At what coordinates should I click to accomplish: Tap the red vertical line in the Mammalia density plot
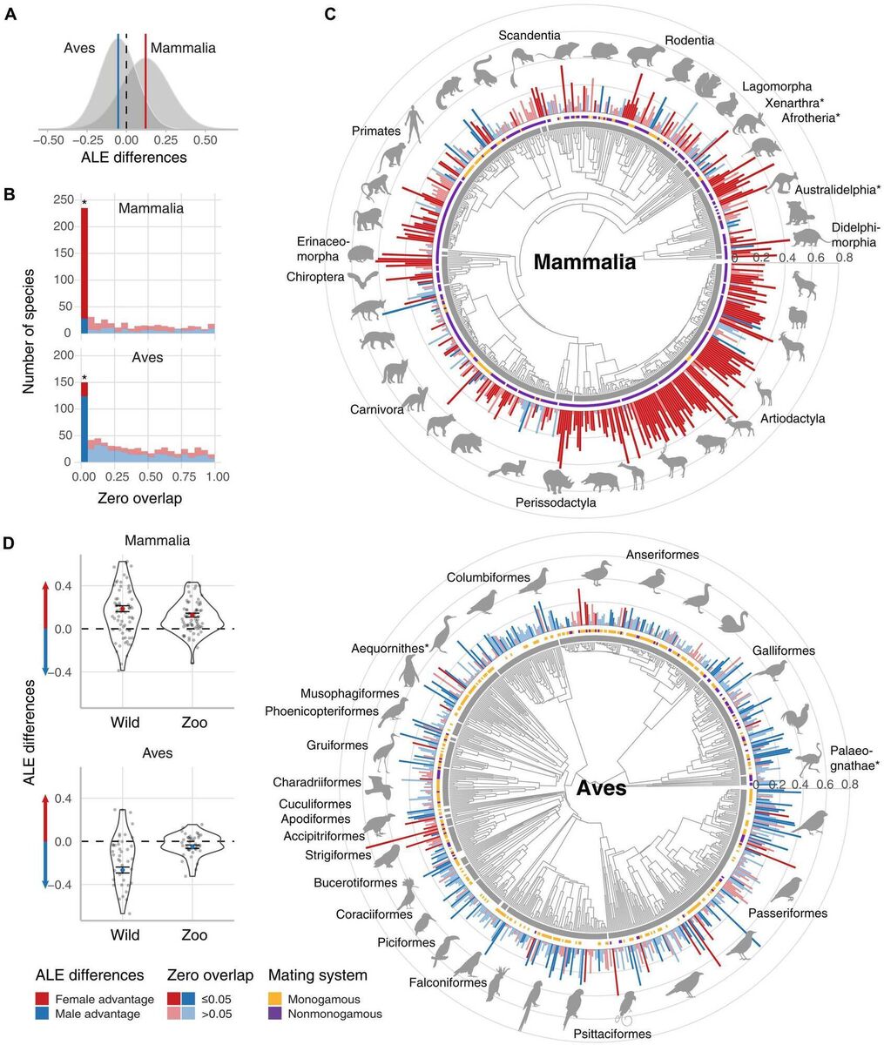(145, 83)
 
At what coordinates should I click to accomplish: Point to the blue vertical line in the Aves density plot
(118, 83)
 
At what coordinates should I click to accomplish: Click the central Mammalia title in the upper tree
(584, 262)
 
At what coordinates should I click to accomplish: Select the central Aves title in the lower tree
(601, 790)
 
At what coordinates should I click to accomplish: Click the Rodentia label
(689, 40)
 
